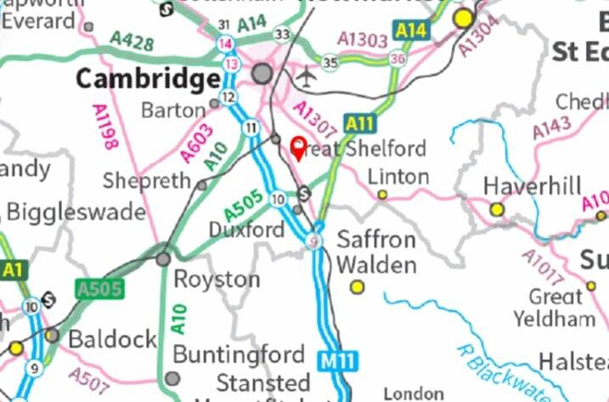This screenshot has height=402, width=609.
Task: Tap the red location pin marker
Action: coord(298,148)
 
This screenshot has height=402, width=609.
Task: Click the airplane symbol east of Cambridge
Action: coord(306,77)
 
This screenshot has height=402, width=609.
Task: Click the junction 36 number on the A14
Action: coord(398,58)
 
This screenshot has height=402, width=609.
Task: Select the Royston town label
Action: coord(217,280)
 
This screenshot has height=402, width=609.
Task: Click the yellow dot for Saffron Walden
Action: coord(357,287)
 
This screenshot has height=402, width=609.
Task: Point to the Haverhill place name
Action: coord(532,186)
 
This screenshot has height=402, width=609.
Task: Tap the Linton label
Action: coord(398,176)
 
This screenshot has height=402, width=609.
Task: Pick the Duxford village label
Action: coord(246,229)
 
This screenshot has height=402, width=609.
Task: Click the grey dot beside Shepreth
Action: coord(201,184)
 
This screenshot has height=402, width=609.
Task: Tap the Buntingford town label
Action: coord(239,354)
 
